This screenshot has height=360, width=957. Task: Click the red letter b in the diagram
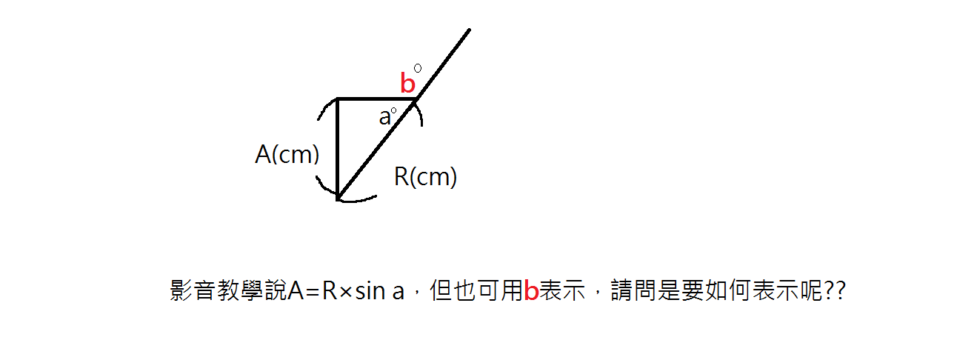(x=407, y=84)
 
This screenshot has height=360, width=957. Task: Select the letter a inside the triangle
(x=384, y=117)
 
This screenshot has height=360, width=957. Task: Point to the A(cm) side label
(x=287, y=154)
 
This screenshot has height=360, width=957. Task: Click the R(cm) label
(x=425, y=177)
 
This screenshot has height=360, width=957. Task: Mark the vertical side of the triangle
(x=338, y=148)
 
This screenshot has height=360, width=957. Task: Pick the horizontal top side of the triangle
(x=375, y=99)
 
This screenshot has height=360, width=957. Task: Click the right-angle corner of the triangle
(x=338, y=99)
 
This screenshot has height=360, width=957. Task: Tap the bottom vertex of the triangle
(x=338, y=199)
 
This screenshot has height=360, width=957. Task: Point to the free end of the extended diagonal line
(x=470, y=30)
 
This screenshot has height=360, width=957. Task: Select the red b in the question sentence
(x=530, y=292)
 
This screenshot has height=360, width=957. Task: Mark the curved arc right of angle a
(x=419, y=115)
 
